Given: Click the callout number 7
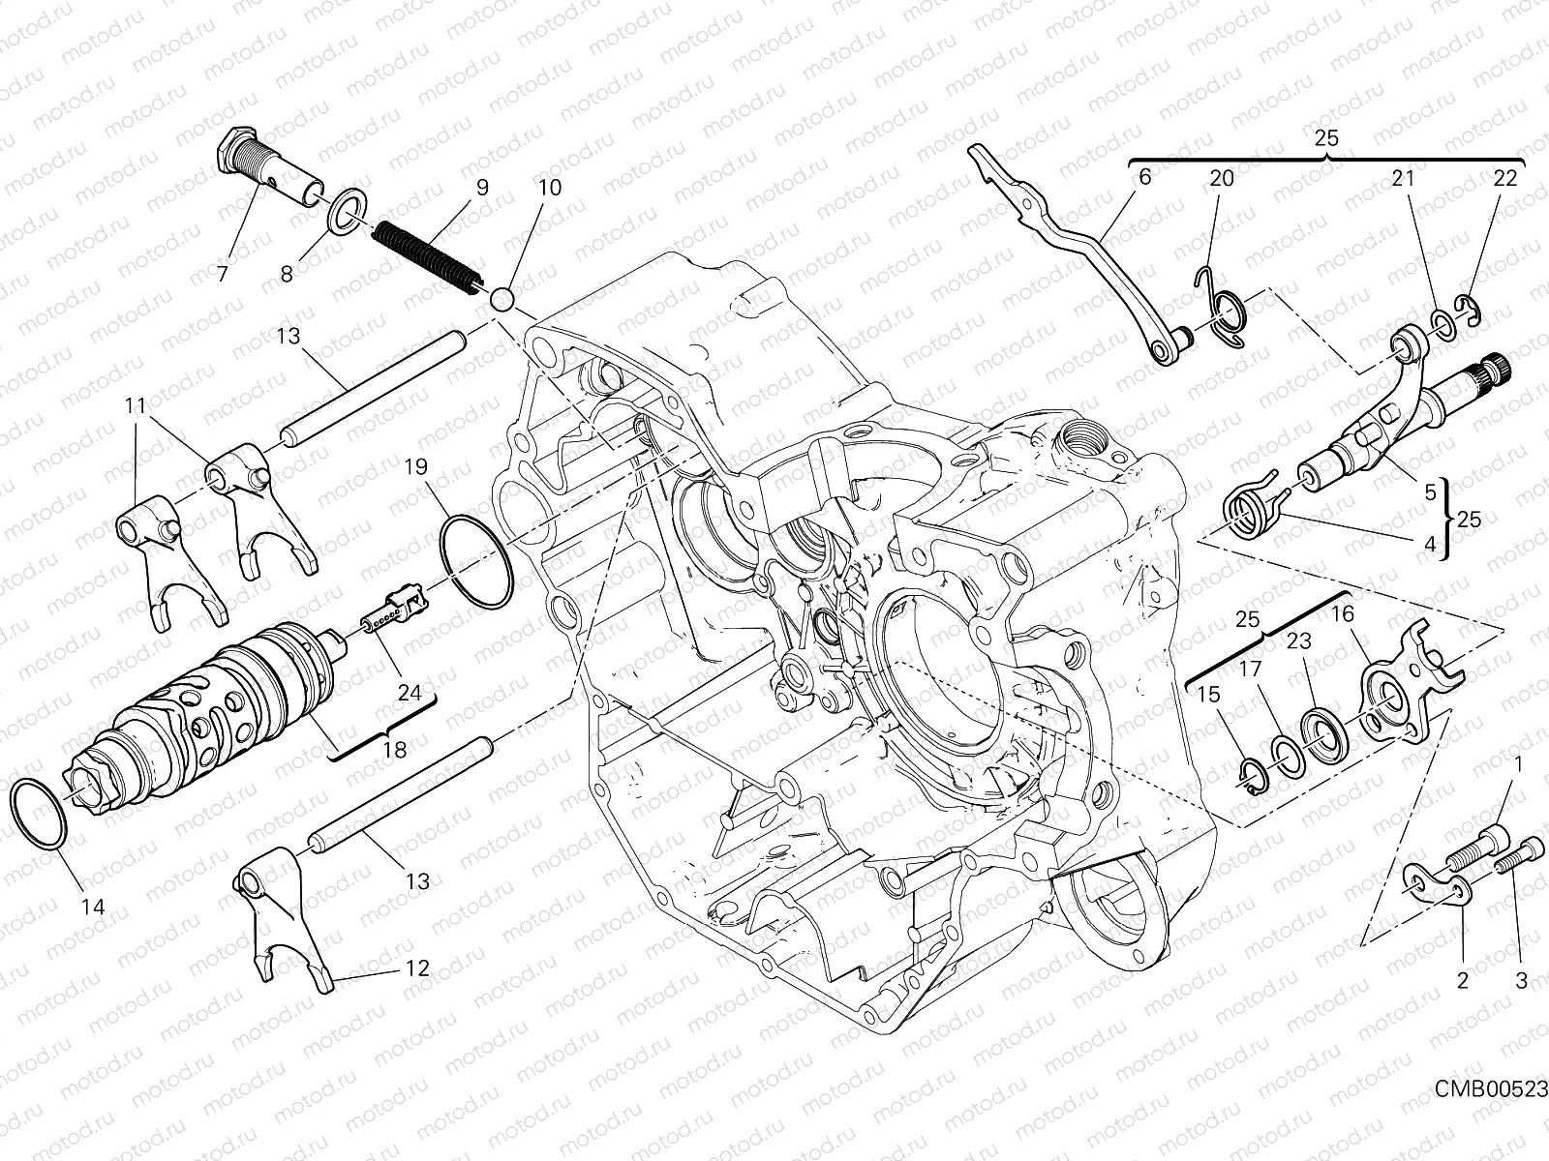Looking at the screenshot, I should [x=223, y=274].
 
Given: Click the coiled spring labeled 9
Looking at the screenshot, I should [x=426, y=253].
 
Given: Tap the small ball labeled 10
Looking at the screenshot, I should [x=501, y=298].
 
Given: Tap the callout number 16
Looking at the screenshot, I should [x=1343, y=613].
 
